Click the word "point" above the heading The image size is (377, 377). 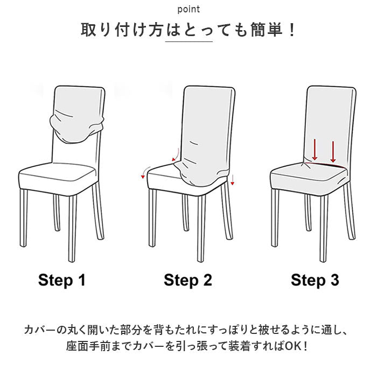(x=188, y=9)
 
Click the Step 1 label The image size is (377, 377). (x=62, y=280)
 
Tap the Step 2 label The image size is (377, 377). (x=188, y=280)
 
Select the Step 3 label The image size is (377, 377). (x=315, y=280)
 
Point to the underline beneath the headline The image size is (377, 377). (x=188, y=41)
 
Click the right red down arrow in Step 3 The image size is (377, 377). (x=333, y=152)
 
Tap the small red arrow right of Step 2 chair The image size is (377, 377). (x=232, y=180)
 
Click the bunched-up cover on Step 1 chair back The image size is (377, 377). (x=76, y=127)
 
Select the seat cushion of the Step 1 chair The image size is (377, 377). (x=58, y=178)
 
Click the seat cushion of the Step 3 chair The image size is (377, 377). (x=309, y=177)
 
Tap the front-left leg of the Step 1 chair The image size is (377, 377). (x=24, y=218)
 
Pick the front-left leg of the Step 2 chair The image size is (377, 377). (x=152, y=218)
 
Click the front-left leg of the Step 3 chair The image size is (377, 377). (x=275, y=218)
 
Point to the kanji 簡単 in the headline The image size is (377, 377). (x=267, y=30)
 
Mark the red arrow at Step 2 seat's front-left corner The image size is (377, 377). (x=146, y=172)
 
